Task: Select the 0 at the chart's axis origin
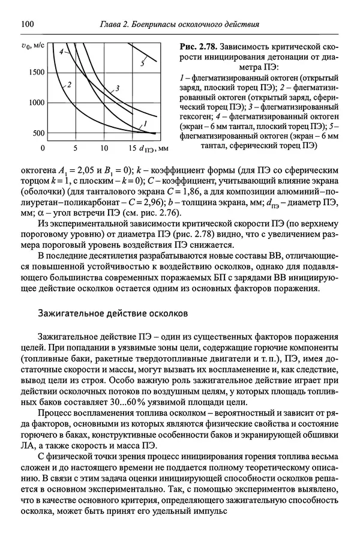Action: pyautogui.click(x=43, y=148)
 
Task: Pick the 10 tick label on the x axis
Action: pyautogui.click(x=104, y=148)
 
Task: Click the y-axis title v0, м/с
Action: pyautogui.click(x=32, y=45)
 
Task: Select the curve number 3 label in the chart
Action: pyautogui.click(x=118, y=89)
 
